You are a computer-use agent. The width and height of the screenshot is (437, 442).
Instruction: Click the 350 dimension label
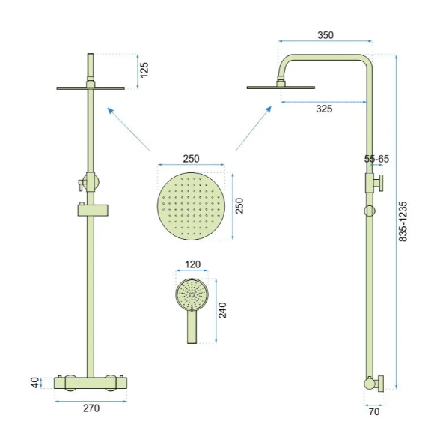click(326, 35)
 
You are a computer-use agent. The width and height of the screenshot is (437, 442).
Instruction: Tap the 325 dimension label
click(324, 109)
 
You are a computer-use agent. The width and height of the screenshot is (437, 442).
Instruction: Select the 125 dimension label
click(144, 70)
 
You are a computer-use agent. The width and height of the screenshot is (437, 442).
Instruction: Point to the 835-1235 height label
click(403, 221)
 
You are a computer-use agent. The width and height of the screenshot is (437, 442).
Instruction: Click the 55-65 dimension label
click(376, 159)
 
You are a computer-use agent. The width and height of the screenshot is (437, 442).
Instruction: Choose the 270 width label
click(91, 408)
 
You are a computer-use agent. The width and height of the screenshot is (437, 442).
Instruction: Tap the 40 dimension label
click(35, 383)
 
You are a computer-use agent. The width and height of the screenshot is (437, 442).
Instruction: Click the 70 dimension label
click(374, 412)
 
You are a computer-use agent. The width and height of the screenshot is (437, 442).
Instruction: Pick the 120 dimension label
click(192, 264)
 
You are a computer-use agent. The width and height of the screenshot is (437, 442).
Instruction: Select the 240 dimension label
click(222, 310)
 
